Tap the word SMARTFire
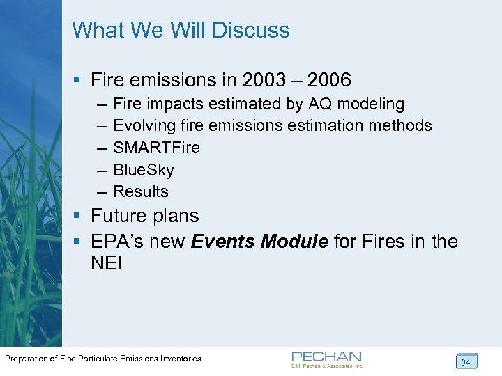156,148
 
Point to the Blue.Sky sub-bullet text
143,170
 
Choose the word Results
141,191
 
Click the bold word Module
295,242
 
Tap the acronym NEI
107,264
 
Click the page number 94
466,362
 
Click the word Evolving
143,126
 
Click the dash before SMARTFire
101,148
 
